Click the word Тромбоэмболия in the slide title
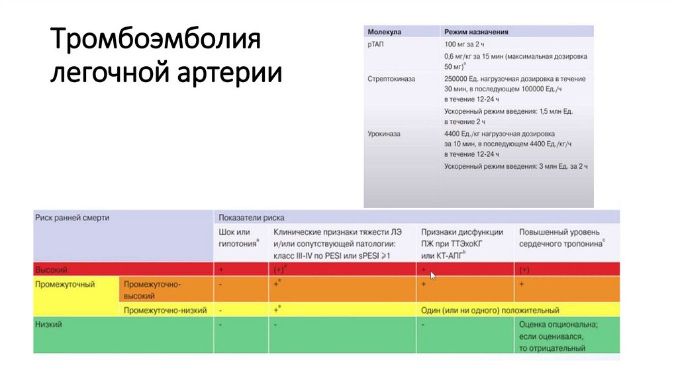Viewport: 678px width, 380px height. tap(156, 42)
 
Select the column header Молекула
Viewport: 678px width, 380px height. tap(384, 31)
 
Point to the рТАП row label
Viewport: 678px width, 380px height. tap(376, 44)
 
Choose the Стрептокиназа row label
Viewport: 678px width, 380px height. tap(391, 78)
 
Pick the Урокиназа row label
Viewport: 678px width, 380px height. tap(384, 133)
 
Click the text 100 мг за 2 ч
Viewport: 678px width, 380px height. tap(469, 44)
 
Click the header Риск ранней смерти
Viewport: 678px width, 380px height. tap(73, 217)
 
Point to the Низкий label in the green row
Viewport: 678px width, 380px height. tap(48, 324)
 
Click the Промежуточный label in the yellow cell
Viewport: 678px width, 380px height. tap(65, 284)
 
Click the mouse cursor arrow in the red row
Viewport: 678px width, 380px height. tap(433, 275)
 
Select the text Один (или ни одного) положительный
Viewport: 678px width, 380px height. tap(490, 310)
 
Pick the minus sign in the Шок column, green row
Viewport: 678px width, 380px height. tap(220, 324)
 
